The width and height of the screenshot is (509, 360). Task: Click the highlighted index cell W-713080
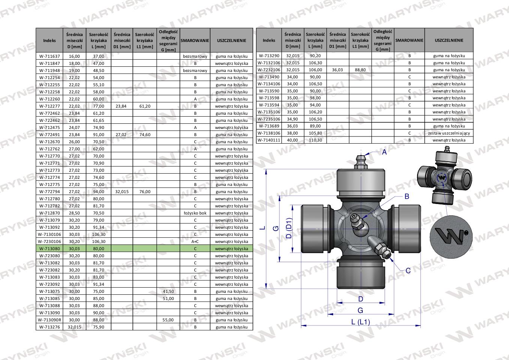click(x=50, y=249)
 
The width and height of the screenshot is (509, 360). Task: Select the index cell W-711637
click(x=50, y=56)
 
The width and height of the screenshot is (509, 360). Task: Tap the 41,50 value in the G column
click(x=168, y=291)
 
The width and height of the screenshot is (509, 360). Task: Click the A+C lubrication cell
click(x=195, y=241)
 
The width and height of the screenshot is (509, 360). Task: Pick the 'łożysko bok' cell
click(x=195, y=213)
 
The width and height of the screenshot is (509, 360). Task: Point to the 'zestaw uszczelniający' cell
click(x=449, y=133)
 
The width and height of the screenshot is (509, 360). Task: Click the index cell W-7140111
click(x=269, y=140)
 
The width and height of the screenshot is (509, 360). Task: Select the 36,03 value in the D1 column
click(x=338, y=70)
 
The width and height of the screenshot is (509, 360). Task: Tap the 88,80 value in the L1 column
click(x=360, y=70)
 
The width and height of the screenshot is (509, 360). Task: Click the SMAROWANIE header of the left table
click(x=195, y=40)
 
